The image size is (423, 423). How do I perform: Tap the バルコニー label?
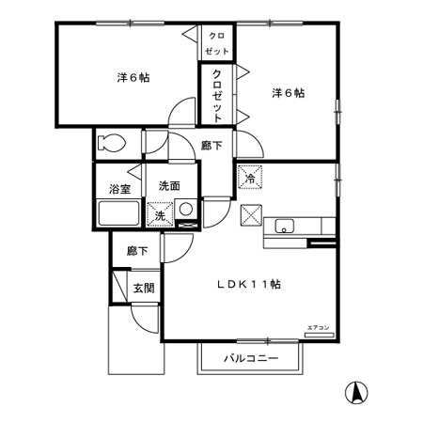(x=251, y=358)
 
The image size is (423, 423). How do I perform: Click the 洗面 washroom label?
(x=169, y=185)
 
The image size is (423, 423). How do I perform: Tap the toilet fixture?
(x=109, y=144)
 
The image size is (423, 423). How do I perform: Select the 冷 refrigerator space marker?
(x=251, y=175)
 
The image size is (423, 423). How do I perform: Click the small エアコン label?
(x=318, y=327)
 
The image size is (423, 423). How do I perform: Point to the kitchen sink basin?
(x=285, y=226)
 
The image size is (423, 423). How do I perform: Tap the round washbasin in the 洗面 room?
(x=186, y=211)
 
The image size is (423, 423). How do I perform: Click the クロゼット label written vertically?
(x=217, y=94)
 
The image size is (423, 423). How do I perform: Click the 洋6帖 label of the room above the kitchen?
(x=288, y=92)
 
